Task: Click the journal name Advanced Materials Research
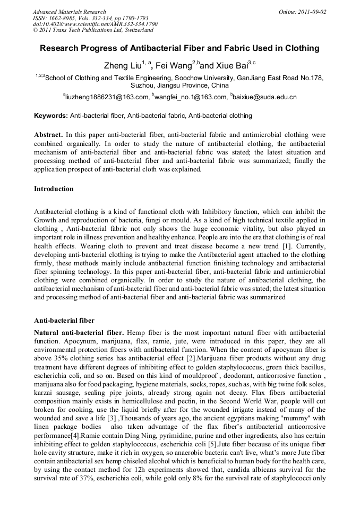pyautogui.click(x=69, y=12)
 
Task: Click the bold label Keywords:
pyautogui.click(x=51, y=116)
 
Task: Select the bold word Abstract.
pyautogui.click(x=48, y=135)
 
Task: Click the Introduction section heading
pyautogui.click(x=54, y=189)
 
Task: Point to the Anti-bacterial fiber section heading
pyautogui.click(x=64, y=321)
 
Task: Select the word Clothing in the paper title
pyautogui.click(x=301, y=48)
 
